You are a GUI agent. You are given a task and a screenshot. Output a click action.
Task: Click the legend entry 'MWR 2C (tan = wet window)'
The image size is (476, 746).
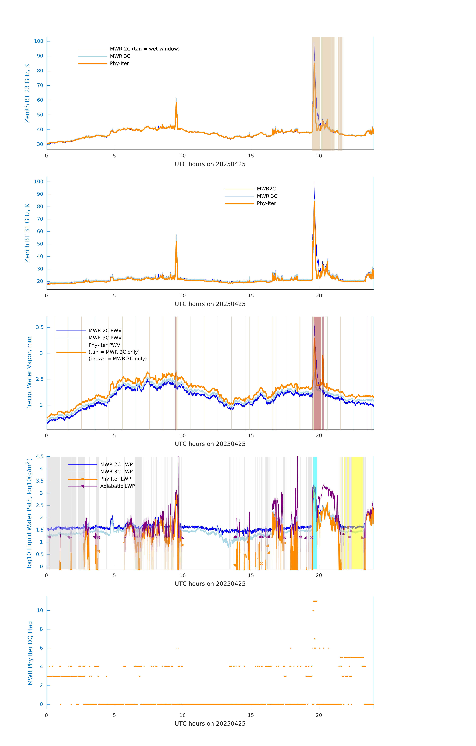(x=144, y=49)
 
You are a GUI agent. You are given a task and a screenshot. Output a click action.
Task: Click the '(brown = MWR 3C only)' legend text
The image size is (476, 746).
(x=117, y=359)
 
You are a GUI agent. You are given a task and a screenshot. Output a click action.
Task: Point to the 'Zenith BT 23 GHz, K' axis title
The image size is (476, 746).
(x=27, y=93)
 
